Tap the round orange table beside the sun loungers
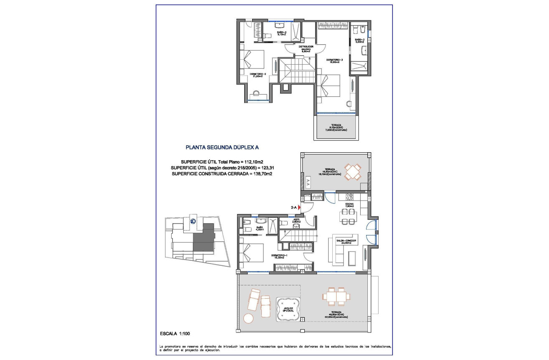pyautogui.click(x=248, y=318)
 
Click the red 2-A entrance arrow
pyautogui.click(x=299, y=206)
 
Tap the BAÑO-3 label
pyautogui.click(x=360, y=41)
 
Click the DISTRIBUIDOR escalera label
pyautogui.click(x=300, y=48)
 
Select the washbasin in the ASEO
pyautogui.click(x=297, y=226)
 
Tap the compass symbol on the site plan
pyautogui.click(x=193, y=221)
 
